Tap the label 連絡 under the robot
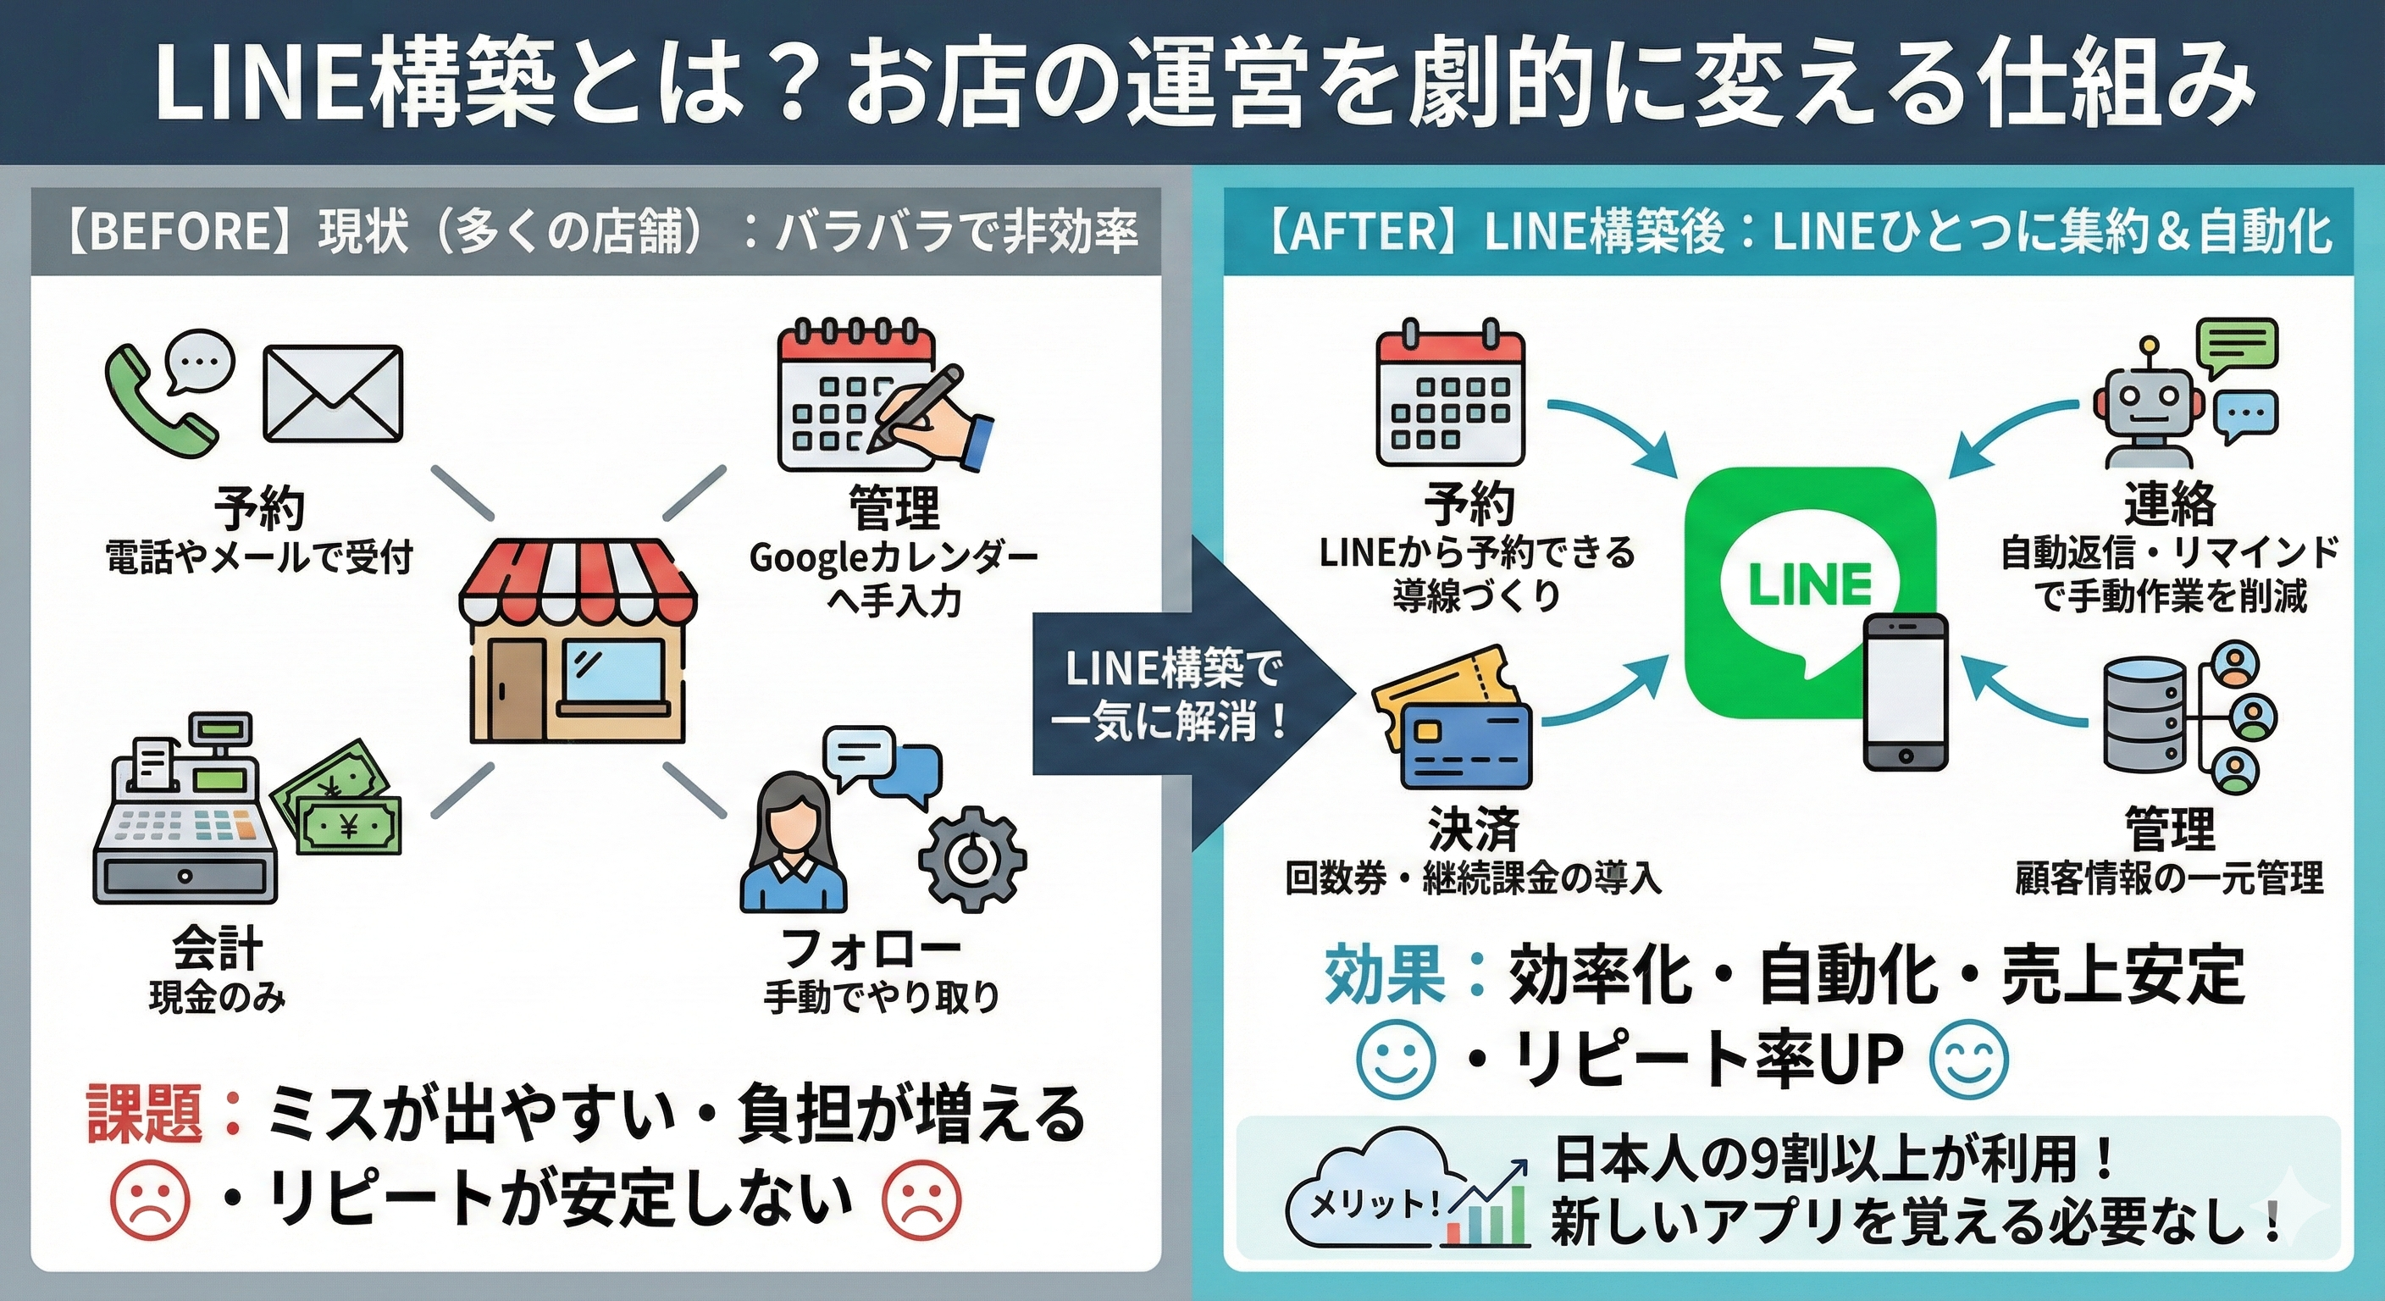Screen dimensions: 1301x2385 [2169, 505]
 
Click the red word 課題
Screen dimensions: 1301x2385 [145, 1114]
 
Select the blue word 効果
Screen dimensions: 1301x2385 [1384, 975]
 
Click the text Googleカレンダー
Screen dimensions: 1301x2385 [893, 558]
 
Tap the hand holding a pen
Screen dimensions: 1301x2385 [935, 417]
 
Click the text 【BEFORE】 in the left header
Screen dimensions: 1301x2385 [182, 231]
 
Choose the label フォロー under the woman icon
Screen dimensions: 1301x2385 [872, 948]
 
